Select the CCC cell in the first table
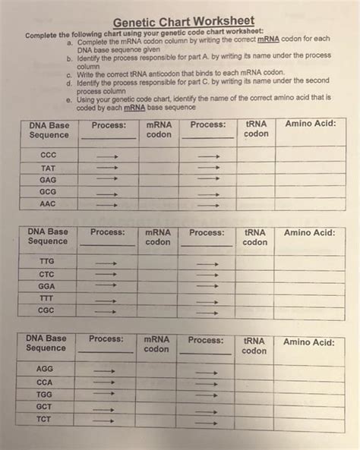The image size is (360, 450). point(49,154)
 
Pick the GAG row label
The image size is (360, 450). point(49,180)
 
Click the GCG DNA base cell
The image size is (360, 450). point(49,193)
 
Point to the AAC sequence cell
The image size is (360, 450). point(49,205)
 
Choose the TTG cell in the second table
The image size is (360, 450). point(47,260)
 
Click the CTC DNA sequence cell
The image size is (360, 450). point(47,273)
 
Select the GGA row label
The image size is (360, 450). point(47,286)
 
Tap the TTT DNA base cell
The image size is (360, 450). point(47,298)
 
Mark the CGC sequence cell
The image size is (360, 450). point(47,311)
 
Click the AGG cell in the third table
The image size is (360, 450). point(46,368)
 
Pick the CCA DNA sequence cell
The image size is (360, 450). point(46,382)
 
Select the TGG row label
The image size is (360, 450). point(46,395)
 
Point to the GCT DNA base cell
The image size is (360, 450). point(46,407)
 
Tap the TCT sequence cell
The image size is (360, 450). point(46,420)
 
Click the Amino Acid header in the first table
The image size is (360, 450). point(310,124)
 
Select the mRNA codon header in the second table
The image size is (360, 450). point(158,237)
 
